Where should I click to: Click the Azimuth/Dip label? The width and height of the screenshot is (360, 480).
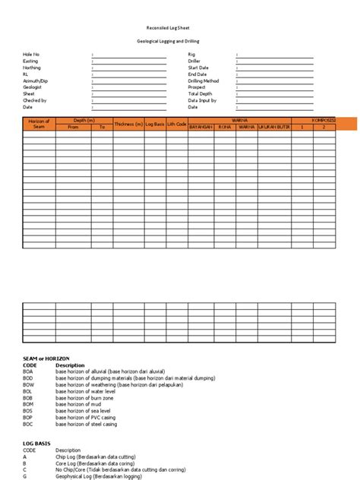pos(35,81)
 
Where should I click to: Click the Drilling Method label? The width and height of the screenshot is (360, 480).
pos(205,81)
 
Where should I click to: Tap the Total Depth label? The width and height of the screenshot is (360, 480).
pos(201,94)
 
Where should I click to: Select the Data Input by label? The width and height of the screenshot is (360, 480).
pos(203,100)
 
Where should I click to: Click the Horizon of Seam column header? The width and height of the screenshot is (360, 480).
pos(38,124)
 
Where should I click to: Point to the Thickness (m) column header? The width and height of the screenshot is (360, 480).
pos(128,124)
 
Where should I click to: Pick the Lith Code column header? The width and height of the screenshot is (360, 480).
pos(175,124)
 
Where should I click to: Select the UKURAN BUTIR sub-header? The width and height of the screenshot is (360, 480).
pos(274,127)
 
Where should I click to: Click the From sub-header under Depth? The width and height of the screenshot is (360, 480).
pos(73,127)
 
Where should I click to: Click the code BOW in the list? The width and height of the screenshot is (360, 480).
pos(28,384)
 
